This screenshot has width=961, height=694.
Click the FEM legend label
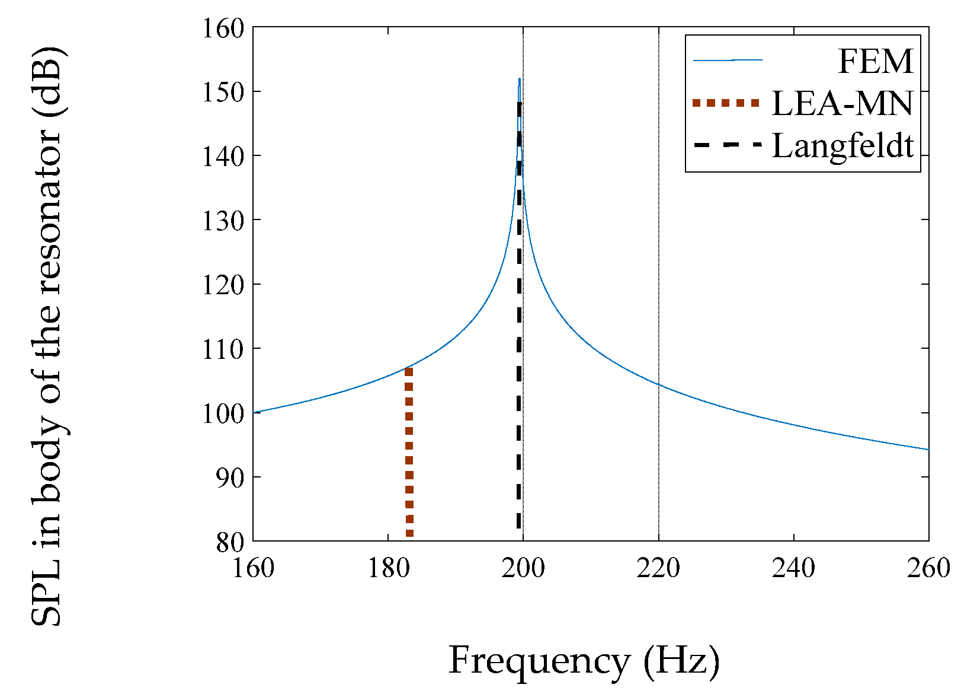tap(875, 61)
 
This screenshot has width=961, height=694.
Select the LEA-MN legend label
tap(842, 104)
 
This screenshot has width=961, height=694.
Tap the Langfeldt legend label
tap(843, 146)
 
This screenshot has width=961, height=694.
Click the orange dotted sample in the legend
tap(726, 103)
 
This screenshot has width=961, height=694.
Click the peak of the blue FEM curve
tap(520, 79)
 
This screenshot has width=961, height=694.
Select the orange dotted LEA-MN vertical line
tap(409, 451)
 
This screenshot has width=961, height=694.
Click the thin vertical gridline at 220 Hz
tap(658, 237)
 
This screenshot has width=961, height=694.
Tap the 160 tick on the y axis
tap(223, 28)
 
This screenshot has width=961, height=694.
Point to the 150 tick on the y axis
tap(223, 93)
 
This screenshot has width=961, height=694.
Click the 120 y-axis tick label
tap(223, 285)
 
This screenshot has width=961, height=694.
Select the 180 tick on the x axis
tap(388, 568)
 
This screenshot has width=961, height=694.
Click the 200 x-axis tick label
tap(523, 568)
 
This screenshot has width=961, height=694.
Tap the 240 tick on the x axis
tap(793, 568)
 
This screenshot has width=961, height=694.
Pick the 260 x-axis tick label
tap(928, 568)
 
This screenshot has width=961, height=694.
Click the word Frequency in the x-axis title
tap(539, 660)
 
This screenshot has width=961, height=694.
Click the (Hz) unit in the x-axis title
tap(681, 660)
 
